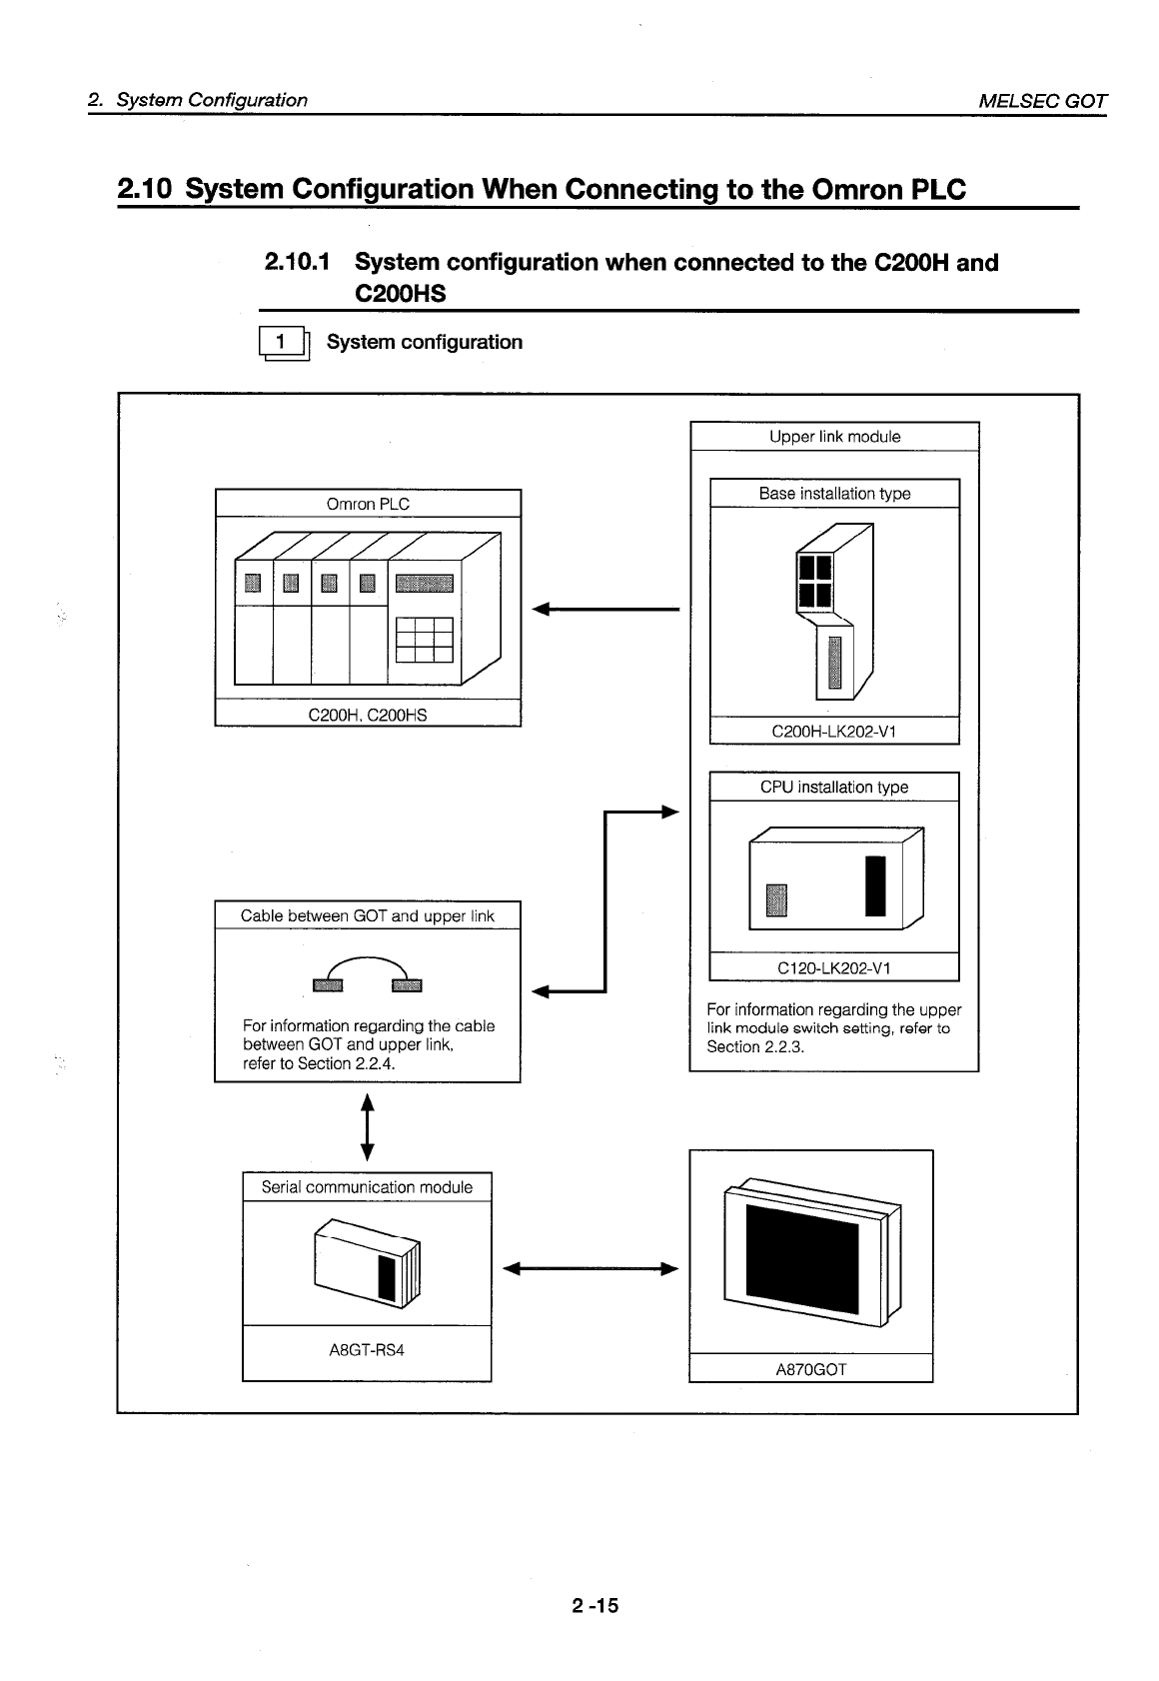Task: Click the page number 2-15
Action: click(x=595, y=1606)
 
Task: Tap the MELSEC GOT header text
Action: click(x=1042, y=100)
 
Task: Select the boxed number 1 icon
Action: click(x=283, y=343)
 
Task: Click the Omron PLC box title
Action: click(x=368, y=504)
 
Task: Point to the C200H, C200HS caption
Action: click(x=368, y=715)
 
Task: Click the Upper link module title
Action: click(x=834, y=437)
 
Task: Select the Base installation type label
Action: click(x=834, y=494)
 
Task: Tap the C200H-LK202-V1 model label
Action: click(x=834, y=732)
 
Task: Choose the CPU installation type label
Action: click(x=834, y=788)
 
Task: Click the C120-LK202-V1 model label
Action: click(x=834, y=968)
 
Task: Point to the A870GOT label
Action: click(x=810, y=1369)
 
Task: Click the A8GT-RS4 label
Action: click(x=367, y=1350)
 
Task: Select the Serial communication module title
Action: click(x=367, y=1187)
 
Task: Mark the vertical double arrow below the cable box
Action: click(x=368, y=1126)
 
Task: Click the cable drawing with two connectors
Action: click(x=367, y=974)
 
